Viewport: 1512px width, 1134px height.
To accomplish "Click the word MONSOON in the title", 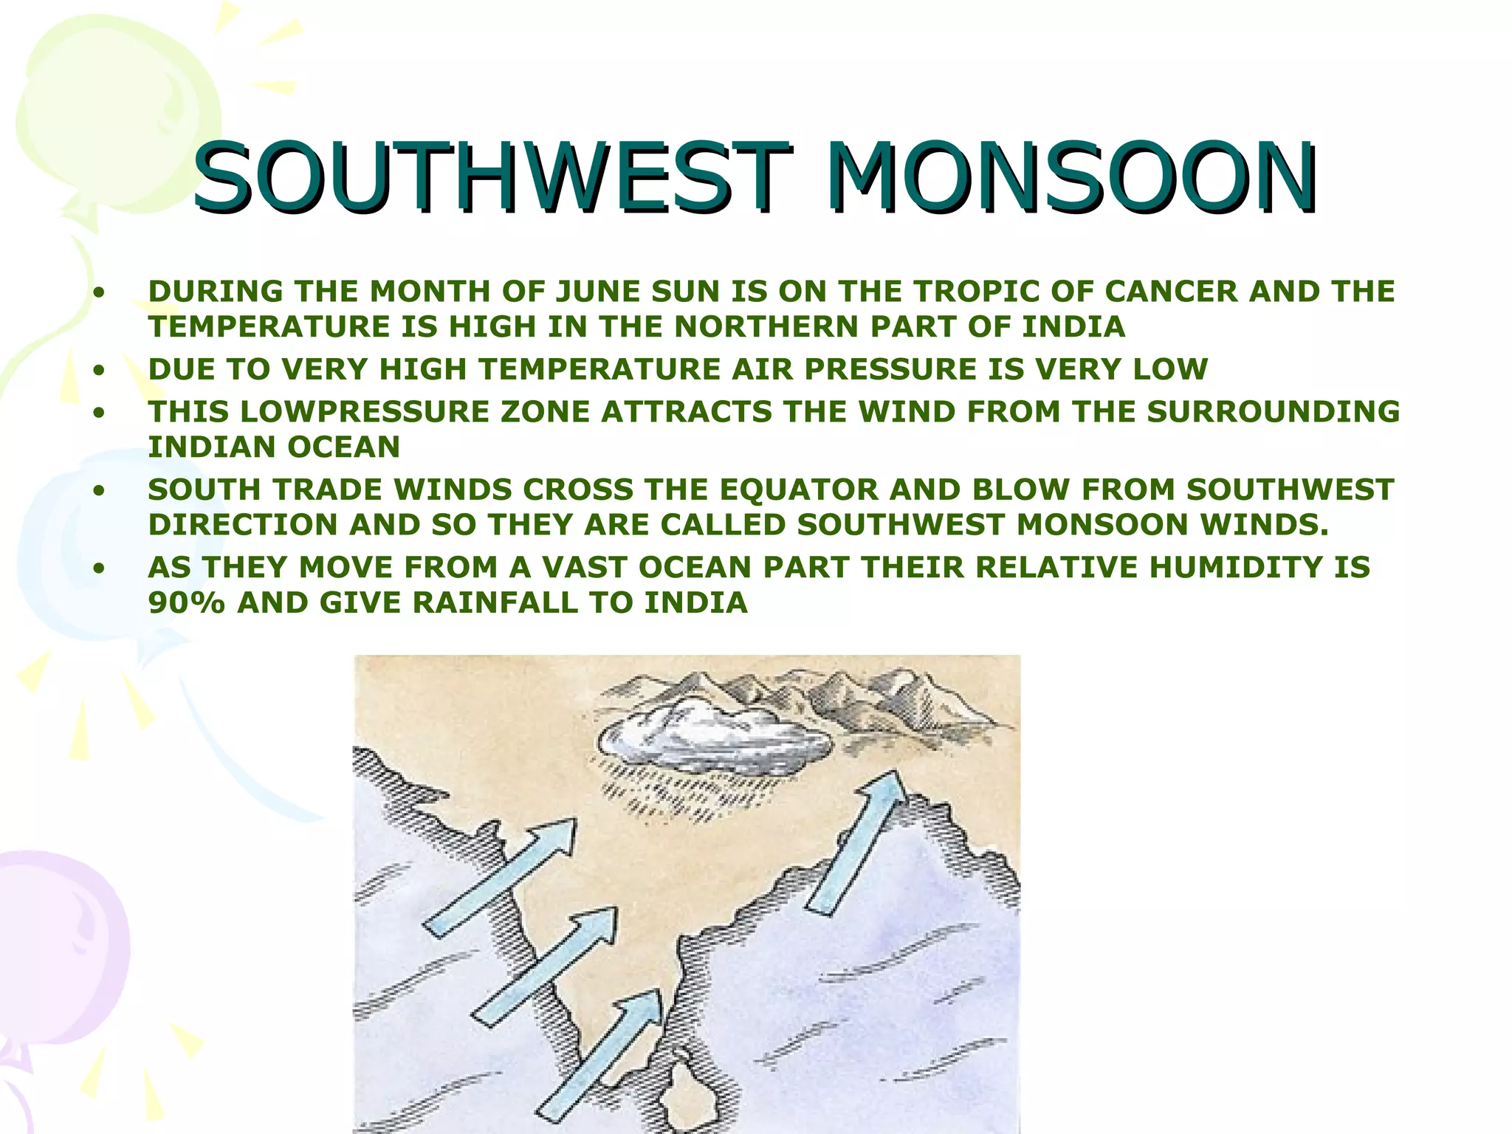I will click(x=1071, y=177).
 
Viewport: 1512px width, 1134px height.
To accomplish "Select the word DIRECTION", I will click(x=243, y=525).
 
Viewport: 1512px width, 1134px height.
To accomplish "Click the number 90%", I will click(x=186, y=603).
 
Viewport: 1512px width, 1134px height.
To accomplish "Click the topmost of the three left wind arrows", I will click(x=502, y=879).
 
